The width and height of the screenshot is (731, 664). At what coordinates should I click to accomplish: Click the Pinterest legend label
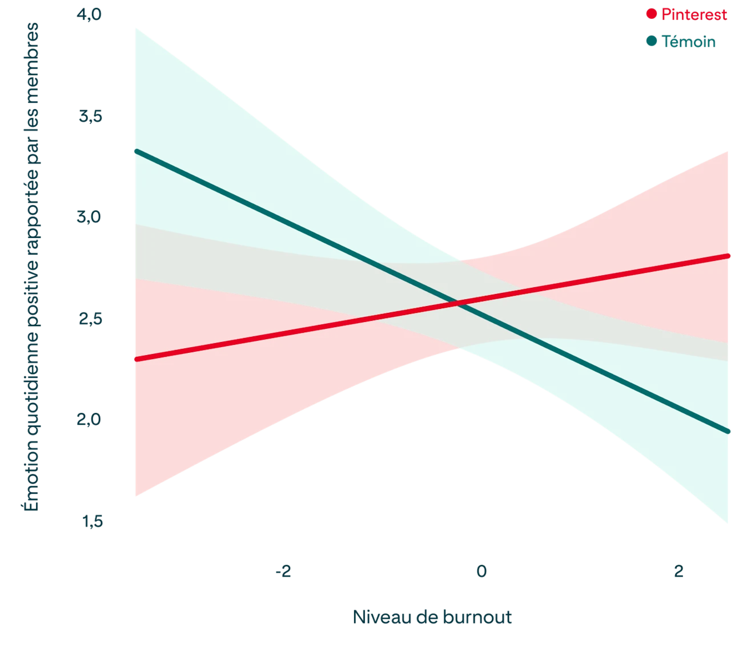pos(694,15)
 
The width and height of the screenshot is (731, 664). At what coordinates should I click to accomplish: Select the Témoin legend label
pos(688,42)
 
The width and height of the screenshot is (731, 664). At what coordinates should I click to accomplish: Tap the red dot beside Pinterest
pos(651,14)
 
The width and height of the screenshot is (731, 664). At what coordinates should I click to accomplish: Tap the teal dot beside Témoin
pos(651,42)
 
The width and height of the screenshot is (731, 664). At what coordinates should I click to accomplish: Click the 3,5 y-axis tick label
pos(91,117)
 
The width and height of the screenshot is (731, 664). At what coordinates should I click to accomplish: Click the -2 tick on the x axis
pos(283,572)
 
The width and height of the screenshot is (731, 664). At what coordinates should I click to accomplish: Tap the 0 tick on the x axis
pos(481,572)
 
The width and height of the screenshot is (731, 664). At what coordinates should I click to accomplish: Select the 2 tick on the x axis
pos(678,572)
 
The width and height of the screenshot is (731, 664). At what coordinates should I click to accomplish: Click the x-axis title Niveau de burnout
pos(432,617)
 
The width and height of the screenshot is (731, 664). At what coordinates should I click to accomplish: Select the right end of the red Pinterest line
pos(729,255)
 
